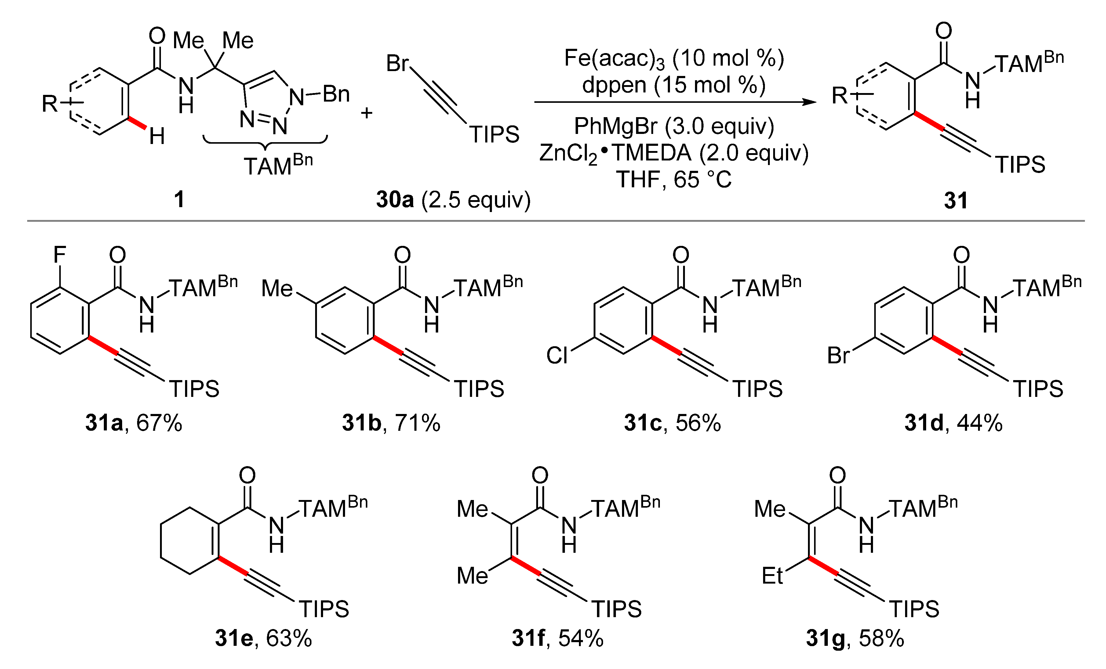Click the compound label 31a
[104, 423]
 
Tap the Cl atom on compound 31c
[557, 356]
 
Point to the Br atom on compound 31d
[838, 356]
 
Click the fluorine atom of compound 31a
[60, 256]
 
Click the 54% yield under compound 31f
[580, 638]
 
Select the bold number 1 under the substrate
[179, 200]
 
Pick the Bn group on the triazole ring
[336, 94]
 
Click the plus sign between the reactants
[367, 113]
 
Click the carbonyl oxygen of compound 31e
[247, 475]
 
